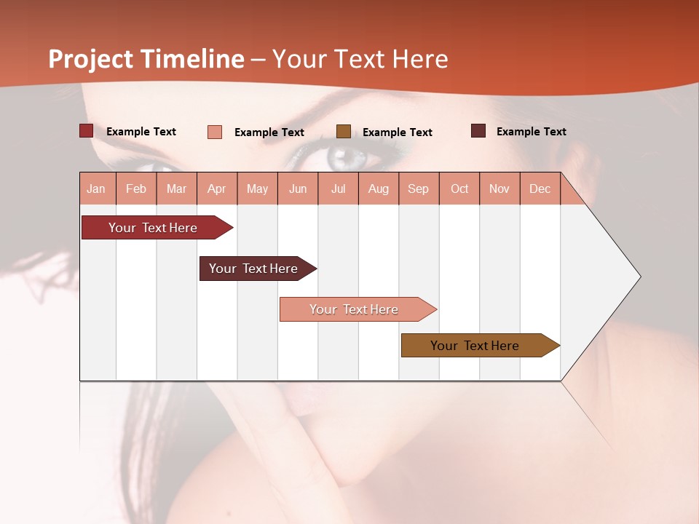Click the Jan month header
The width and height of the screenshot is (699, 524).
click(x=97, y=188)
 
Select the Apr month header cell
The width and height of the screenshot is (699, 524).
click(x=217, y=188)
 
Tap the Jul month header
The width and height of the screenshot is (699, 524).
click(x=338, y=188)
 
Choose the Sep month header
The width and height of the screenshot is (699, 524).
click(x=418, y=188)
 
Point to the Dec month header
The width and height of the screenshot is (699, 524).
click(x=540, y=188)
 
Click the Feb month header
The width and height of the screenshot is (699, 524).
click(x=136, y=188)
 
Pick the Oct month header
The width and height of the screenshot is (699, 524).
click(x=459, y=188)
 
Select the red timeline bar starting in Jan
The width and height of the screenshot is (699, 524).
click(x=153, y=228)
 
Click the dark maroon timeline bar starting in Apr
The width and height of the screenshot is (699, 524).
click(x=253, y=269)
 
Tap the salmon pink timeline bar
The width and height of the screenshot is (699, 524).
click(x=354, y=309)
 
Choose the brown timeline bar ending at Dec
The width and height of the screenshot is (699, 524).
click(x=475, y=346)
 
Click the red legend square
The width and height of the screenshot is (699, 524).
click(x=86, y=131)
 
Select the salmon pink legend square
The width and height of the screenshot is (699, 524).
click(x=215, y=132)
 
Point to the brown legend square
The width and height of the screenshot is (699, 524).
click(x=344, y=131)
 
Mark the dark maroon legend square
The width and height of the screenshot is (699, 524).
click(x=478, y=131)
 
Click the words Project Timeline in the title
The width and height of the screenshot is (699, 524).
click(x=146, y=59)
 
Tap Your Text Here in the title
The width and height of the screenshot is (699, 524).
click(x=360, y=59)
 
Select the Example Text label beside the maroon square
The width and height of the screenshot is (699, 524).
click(x=531, y=132)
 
